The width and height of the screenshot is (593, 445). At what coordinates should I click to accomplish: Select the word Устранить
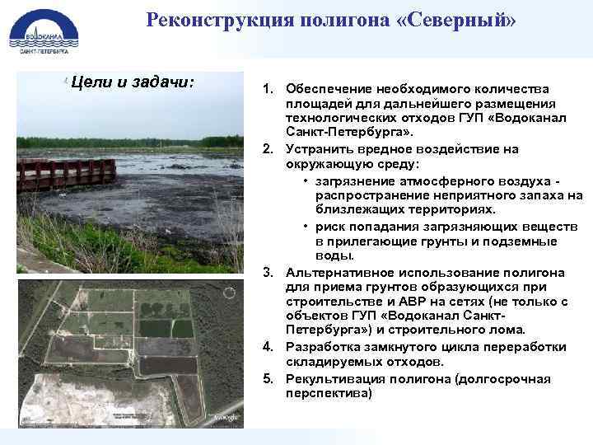(317, 149)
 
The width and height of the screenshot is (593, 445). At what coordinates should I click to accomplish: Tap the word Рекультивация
(334, 378)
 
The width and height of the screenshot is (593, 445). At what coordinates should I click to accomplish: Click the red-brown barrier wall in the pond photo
(66, 175)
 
